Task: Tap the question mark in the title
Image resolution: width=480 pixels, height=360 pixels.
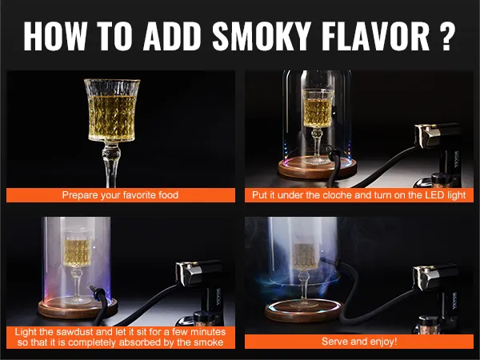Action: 446,35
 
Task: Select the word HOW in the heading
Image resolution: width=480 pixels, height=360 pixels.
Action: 55,35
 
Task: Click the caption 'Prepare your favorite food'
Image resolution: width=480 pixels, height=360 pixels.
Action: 120,194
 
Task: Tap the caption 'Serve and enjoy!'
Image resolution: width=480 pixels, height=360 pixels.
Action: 359,341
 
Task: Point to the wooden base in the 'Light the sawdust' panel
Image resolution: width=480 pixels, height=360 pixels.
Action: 78,307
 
